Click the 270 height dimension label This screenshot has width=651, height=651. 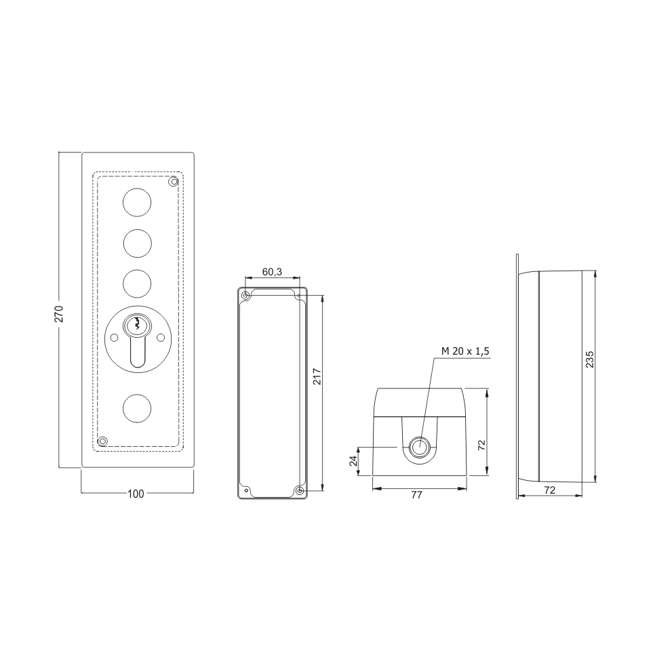[x=60, y=314]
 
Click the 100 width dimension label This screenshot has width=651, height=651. [x=136, y=494]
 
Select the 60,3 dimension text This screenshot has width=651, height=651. [x=273, y=272]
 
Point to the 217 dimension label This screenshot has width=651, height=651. [x=317, y=376]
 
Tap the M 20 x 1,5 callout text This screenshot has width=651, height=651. [x=465, y=351]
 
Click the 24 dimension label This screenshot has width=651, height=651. [x=353, y=460]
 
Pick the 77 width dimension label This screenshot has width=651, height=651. [x=416, y=495]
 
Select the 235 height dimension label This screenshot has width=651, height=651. [x=589, y=359]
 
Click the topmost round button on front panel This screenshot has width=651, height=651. [x=137, y=202]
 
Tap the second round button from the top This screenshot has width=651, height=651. [x=137, y=243]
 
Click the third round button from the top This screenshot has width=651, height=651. [x=137, y=283]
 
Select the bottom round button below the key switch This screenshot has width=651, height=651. [x=137, y=408]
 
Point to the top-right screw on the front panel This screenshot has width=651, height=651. [x=174, y=182]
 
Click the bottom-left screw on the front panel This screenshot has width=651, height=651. [x=102, y=441]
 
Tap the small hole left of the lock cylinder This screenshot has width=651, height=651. [x=114, y=338]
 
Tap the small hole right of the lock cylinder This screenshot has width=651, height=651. [x=160, y=338]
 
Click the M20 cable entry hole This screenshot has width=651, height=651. [x=419, y=447]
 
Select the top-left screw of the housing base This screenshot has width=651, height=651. [x=245, y=296]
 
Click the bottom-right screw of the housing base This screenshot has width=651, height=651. [x=300, y=491]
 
